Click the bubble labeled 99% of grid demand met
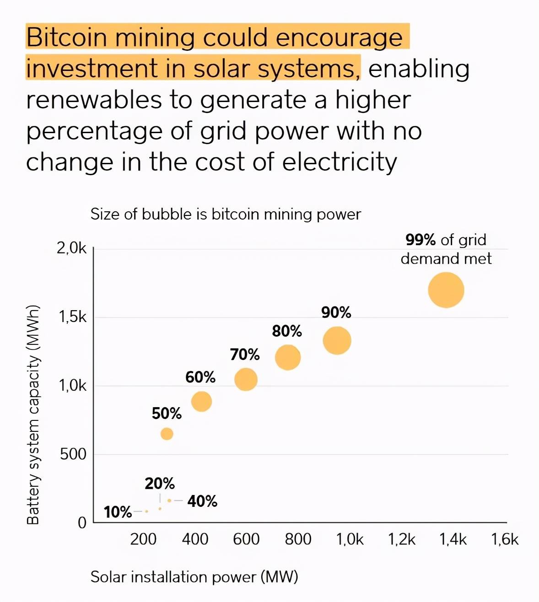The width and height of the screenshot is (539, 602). (x=446, y=290)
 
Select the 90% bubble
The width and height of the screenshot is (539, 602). (x=337, y=340)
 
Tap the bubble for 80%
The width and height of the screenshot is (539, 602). (x=288, y=357)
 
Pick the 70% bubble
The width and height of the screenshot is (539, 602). (x=246, y=379)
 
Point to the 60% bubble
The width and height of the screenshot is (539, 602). (x=201, y=402)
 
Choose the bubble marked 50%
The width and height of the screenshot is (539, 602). (x=167, y=434)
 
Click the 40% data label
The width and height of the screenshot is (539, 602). (x=202, y=501)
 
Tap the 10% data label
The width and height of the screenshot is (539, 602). (x=118, y=512)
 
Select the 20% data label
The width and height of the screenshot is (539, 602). (x=160, y=484)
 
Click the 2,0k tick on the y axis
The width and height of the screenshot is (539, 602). (x=71, y=248)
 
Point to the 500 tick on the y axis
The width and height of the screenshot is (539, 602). (x=73, y=454)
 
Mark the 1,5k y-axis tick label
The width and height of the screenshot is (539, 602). (x=72, y=317)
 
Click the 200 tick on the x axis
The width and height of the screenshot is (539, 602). (x=143, y=539)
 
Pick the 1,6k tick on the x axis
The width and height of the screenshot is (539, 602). (x=505, y=539)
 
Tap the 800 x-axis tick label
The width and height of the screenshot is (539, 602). (x=298, y=539)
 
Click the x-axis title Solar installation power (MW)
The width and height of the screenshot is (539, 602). (x=194, y=577)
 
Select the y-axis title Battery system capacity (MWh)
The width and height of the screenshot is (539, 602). (x=33, y=414)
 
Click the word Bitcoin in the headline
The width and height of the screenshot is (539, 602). (x=66, y=38)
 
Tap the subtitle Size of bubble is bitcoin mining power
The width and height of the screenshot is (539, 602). (x=226, y=214)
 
